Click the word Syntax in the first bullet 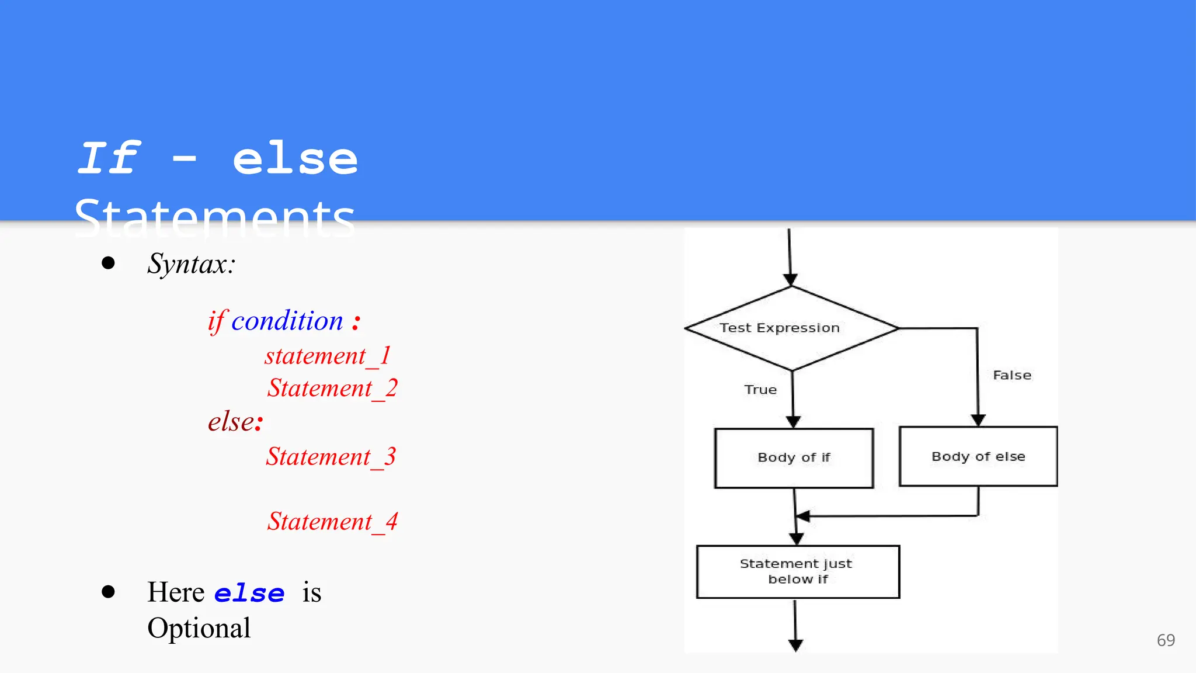[x=190, y=264]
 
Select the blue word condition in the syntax [x=287, y=321]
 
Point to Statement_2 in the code [x=332, y=388]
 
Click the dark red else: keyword [x=235, y=422]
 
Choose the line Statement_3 [x=331, y=457]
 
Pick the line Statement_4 [x=332, y=522]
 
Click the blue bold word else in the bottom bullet [x=249, y=594]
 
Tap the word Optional [x=199, y=629]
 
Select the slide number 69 [x=1166, y=640]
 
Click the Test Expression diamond [x=791, y=328]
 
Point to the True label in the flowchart [x=760, y=390]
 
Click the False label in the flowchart [x=1012, y=375]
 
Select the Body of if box [x=794, y=458]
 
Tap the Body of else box [x=978, y=456]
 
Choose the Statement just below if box [x=798, y=571]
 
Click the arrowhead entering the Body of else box [x=978, y=420]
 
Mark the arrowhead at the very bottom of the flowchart [x=795, y=644]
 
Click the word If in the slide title [x=109, y=159]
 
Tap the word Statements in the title [x=215, y=217]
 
